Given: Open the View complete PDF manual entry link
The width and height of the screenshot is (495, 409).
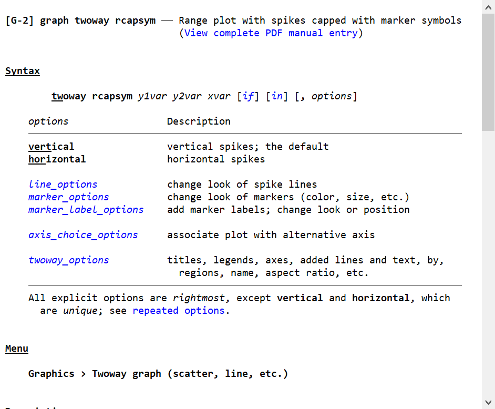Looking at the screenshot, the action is (271, 33).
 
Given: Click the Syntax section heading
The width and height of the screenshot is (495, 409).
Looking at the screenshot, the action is (23, 71).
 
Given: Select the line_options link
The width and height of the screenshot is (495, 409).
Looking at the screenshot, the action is (63, 185).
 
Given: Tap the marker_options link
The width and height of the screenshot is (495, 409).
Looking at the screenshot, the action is (68, 197).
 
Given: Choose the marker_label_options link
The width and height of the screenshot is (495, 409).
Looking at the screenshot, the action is (86, 210).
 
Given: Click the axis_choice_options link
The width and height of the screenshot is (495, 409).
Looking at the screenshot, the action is (83, 235).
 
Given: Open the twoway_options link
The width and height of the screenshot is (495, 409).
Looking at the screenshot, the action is (68, 260).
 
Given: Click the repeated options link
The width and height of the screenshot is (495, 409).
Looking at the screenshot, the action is (178, 311).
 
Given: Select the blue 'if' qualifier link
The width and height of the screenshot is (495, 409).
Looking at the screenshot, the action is (248, 96).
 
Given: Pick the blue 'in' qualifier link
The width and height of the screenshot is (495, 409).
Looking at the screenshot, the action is (277, 96).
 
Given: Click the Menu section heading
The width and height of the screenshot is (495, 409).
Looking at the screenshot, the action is (17, 349).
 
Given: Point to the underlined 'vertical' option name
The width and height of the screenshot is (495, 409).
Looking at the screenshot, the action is (51, 147).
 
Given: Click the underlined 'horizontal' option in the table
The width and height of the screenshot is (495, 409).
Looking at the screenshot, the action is (57, 159).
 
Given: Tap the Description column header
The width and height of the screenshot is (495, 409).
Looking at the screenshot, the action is (199, 121).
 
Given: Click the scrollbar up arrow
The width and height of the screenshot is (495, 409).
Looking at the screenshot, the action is (488, 7).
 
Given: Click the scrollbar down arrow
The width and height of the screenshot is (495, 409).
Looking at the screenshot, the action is (488, 402).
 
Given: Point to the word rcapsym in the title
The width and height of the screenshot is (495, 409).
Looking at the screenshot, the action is (135, 21).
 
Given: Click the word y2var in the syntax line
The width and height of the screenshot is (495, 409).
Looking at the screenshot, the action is (187, 96).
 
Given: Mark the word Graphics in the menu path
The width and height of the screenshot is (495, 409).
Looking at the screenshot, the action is (51, 374).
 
